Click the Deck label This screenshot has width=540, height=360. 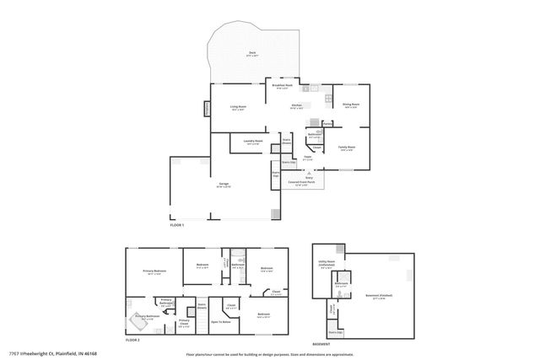point(252,54)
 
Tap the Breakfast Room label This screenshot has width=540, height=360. point(282,85)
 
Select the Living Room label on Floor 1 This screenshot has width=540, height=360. point(239,107)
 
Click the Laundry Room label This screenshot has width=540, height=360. point(253,142)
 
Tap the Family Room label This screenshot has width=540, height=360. point(346,148)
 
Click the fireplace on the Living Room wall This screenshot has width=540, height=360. point(206,110)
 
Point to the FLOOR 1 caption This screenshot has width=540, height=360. point(176,225)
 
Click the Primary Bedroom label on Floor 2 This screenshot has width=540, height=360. point(154,271)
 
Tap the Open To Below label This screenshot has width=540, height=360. point(222,322)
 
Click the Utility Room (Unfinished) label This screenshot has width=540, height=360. point(327,263)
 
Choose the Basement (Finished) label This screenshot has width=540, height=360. point(380,296)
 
